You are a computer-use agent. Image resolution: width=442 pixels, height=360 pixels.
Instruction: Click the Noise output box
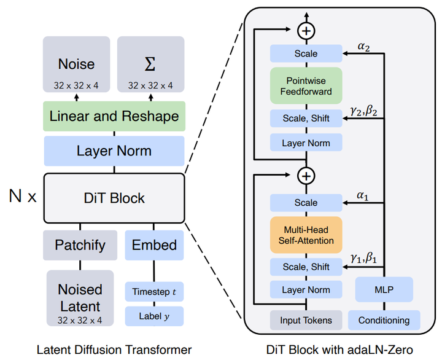coord(76,64)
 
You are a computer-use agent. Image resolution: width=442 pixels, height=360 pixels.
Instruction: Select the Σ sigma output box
coord(151,64)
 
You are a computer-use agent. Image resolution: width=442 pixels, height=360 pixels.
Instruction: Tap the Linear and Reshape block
coord(114,116)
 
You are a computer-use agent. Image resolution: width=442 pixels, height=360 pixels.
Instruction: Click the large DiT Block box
coord(114,198)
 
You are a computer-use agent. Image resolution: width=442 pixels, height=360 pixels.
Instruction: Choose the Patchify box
coord(80,245)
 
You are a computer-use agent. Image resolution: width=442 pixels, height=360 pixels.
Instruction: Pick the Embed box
coord(154,245)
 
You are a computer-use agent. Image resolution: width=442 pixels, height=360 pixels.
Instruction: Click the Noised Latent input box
coord(80,298)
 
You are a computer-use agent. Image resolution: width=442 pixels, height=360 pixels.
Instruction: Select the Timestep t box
coord(154,292)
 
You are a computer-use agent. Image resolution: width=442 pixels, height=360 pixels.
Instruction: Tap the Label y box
coord(154,316)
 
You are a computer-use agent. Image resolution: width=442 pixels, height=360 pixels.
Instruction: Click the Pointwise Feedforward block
coord(306,86)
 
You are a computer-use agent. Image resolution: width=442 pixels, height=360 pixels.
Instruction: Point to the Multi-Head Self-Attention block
coord(306,235)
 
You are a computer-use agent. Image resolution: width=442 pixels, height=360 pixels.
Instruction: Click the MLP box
coord(384,289)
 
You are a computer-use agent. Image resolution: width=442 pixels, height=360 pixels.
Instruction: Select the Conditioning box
coord(384,320)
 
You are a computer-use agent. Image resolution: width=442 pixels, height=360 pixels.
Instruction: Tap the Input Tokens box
coord(306,320)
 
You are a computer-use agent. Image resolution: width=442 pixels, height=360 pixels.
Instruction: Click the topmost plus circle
coord(306,31)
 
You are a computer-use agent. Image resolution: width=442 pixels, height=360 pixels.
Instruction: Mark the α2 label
coord(363,47)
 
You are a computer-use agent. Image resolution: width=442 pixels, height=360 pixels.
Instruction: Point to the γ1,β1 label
coord(363,258)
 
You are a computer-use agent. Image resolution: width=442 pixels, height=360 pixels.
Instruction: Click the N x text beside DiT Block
coord(23,196)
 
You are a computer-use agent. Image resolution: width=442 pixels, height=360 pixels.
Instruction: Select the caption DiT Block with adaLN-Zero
coord(339,350)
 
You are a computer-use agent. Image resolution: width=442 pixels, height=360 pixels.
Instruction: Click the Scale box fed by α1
coord(306,203)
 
